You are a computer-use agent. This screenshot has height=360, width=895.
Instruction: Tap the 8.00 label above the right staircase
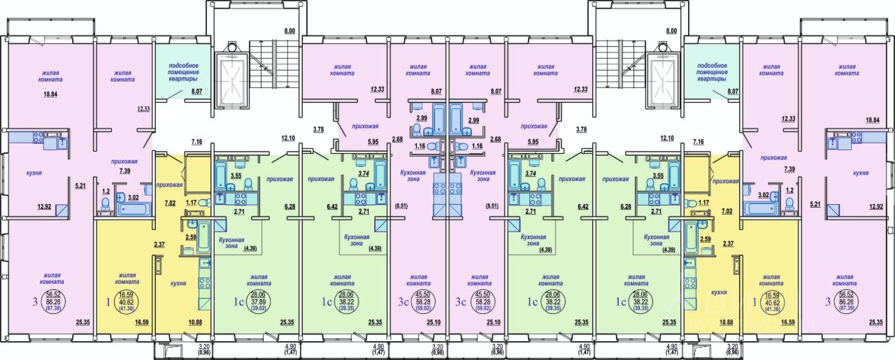pyautogui.click(x=672, y=31)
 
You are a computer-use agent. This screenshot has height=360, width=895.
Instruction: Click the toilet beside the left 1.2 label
pyautogui.click(x=106, y=203)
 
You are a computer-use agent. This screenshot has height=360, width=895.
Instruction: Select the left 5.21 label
pyautogui.click(x=80, y=185)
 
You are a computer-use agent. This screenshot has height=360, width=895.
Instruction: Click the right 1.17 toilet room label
pyautogui.click(x=701, y=203)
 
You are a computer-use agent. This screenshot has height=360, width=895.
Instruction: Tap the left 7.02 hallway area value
pyautogui.click(x=169, y=203)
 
